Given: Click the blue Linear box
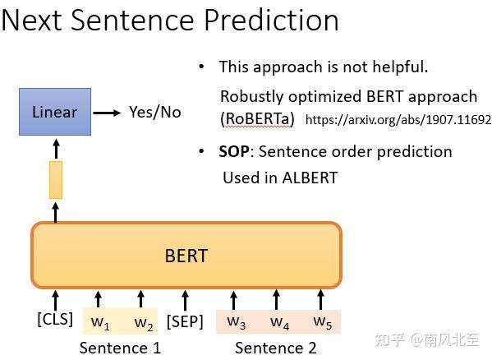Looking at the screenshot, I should click(54, 113).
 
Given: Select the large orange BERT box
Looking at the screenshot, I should click(186, 255).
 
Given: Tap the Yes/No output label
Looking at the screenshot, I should click(155, 113).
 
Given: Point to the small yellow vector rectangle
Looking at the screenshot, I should click(56, 180).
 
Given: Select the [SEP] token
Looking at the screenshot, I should click(185, 321).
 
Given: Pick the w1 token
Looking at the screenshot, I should click(100, 321).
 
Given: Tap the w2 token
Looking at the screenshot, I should click(143, 321).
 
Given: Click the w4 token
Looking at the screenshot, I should click(279, 321).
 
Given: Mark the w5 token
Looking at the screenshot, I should click(322, 321).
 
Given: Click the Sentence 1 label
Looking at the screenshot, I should click(120, 348).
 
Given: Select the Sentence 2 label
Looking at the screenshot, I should click(275, 348).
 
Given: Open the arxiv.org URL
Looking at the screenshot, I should click(398, 120).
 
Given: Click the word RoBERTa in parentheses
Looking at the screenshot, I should click(257, 118).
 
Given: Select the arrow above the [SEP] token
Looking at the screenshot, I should click(185, 298).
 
